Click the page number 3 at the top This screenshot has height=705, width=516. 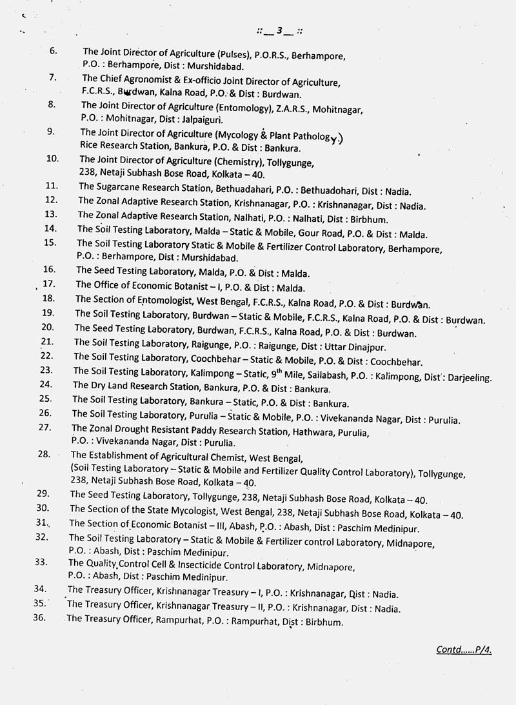[x=279, y=30]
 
